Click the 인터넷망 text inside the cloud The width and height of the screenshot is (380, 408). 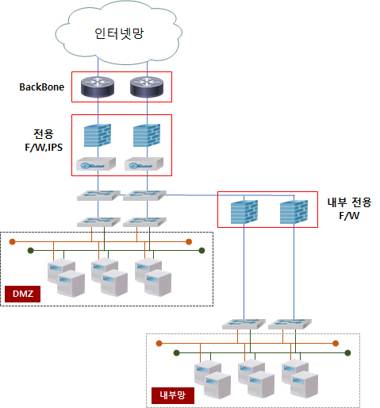click(x=119, y=33)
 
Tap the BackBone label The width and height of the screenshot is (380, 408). click(x=42, y=87)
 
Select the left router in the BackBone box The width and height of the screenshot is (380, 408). click(x=98, y=87)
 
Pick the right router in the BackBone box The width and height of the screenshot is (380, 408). click(x=147, y=87)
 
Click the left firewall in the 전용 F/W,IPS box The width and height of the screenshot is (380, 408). click(x=98, y=135)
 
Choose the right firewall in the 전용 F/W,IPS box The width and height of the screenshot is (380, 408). click(x=147, y=135)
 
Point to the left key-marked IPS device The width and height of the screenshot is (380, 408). click(x=96, y=164)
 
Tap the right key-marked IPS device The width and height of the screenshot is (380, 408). click(x=144, y=164)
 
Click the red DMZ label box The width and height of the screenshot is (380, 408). click(x=22, y=294)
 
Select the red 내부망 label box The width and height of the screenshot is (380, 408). click(x=173, y=395)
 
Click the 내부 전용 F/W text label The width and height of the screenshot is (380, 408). click(x=349, y=209)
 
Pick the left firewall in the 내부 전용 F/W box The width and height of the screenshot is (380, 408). click(x=244, y=212)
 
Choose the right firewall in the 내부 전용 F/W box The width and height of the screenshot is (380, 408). click(x=294, y=212)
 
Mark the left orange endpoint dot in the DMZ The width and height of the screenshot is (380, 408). click(x=12, y=241)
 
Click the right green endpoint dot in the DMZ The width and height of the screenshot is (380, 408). click(x=202, y=250)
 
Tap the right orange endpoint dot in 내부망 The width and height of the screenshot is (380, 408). click(x=336, y=344)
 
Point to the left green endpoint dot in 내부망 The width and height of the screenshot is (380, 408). click(x=176, y=352)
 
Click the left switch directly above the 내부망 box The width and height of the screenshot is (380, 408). click(x=244, y=324)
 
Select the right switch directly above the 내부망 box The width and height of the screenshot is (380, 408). click(x=290, y=324)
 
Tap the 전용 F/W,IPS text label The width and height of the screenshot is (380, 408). click(x=44, y=140)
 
